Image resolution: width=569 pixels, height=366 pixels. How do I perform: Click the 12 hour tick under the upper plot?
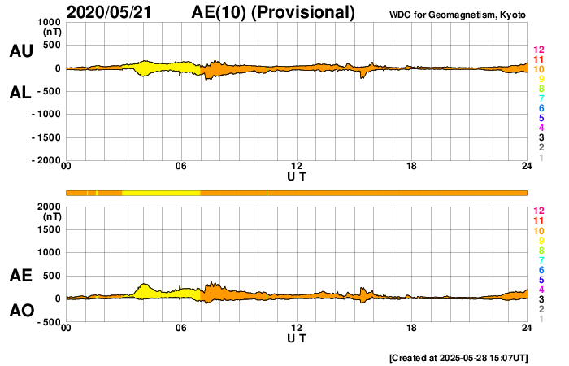pos(297,167)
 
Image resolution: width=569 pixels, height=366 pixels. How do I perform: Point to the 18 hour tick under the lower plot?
pos(412,328)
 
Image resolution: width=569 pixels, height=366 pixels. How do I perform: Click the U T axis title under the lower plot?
pos(297,338)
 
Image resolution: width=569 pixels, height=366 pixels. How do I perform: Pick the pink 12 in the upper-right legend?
pos(538,50)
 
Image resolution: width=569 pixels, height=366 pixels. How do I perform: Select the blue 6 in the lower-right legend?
pos(541,269)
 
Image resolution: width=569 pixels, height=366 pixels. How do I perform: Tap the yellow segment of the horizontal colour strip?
pos(161,193)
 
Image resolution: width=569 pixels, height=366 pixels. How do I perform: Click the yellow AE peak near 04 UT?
pos(144,285)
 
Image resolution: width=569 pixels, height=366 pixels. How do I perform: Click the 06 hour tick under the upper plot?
pos(181,167)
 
